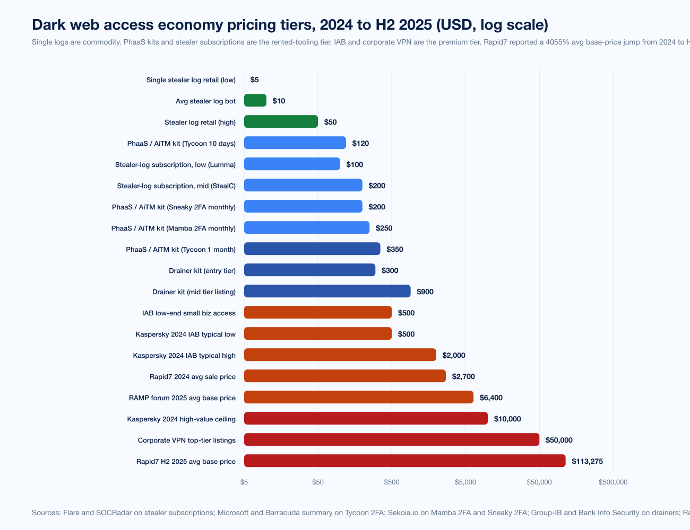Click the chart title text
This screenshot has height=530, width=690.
(290, 25)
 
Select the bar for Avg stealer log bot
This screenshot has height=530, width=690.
(255, 101)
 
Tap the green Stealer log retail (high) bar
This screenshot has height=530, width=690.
(281, 122)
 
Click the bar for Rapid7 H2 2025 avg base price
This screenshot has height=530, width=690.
(404, 461)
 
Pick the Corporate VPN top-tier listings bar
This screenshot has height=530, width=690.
(391, 440)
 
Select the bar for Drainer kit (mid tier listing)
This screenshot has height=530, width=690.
(327, 291)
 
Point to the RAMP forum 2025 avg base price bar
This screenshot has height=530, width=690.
(358, 397)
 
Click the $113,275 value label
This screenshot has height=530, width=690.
(587, 462)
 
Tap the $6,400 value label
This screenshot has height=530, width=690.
(491, 398)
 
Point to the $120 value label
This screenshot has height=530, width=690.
(360, 144)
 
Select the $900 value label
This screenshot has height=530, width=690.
(425, 292)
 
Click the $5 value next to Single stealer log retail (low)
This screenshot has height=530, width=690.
(255, 80)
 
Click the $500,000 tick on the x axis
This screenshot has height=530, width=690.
(613, 482)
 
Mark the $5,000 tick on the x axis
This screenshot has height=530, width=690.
(465, 482)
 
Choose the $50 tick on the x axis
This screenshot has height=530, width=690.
(318, 482)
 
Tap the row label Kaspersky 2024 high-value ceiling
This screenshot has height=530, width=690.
(182, 419)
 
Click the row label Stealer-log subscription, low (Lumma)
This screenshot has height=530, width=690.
(175, 165)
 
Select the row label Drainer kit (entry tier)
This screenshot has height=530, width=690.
(202, 271)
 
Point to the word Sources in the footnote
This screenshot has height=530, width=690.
(45, 513)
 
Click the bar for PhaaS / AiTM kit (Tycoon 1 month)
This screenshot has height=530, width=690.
(312, 249)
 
